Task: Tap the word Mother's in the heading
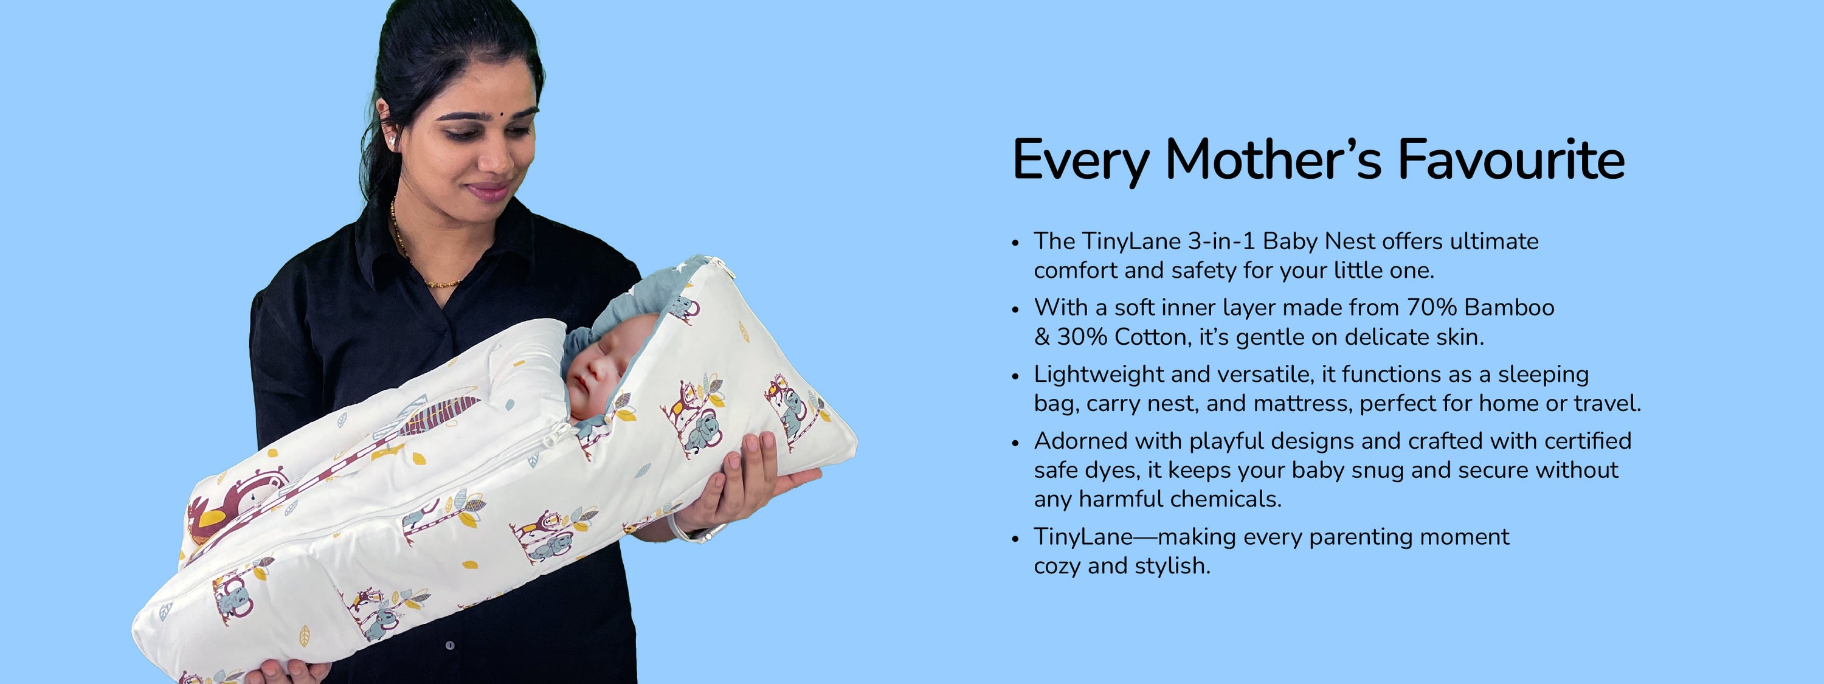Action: [1273, 159]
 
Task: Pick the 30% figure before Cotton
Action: [1082, 337]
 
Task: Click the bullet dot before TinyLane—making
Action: [1015, 539]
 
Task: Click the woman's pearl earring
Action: [392, 141]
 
